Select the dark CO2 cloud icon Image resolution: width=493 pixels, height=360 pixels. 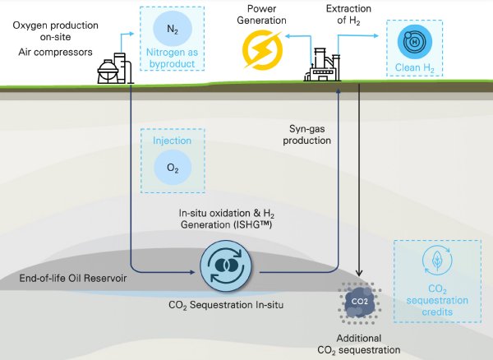(x=360, y=301)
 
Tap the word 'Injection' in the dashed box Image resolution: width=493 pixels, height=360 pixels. (x=173, y=141)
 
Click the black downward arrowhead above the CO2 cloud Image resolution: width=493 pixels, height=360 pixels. (x=361, y=275)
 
